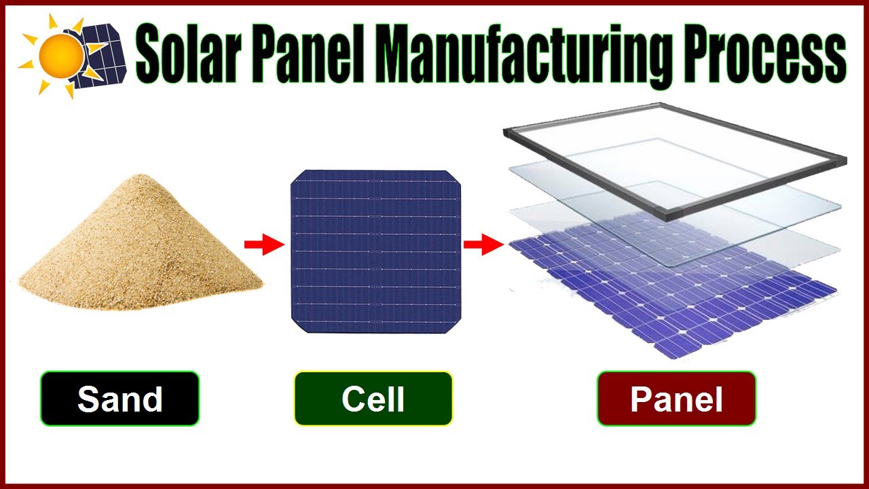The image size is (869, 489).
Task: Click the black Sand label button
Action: tap(119, 399)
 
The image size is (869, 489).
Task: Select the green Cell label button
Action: tap(373, 399)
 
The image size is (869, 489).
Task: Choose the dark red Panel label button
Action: tap(676, 399)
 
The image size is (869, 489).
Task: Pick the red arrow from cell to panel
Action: tap(482, 244)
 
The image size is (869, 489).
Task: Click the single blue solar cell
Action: tap(375, 251)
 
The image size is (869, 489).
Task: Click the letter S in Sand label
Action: tap(89, 399)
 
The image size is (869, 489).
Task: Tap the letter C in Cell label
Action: tap(354, 399)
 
